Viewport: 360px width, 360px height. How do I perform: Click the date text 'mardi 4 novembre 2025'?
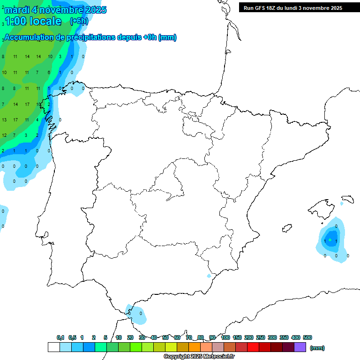point(55,10)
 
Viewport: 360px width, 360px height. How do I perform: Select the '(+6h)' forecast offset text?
point(78,21)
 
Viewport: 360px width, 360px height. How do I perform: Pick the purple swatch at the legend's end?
point(300,347)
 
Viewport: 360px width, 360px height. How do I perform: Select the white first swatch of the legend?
point(53,347)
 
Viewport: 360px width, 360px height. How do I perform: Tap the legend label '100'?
point(225,337)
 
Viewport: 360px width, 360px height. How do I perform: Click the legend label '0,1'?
point(60,337)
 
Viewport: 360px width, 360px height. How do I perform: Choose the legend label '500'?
point(307,337)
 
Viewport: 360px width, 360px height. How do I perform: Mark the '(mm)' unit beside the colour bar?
point(317,348)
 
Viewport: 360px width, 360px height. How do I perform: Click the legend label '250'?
point(261,337)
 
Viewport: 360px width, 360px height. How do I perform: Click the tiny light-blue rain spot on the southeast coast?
point(209,276)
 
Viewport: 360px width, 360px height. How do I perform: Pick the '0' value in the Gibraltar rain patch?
point(141,313)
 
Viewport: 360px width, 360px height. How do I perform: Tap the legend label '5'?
point(105,337)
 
